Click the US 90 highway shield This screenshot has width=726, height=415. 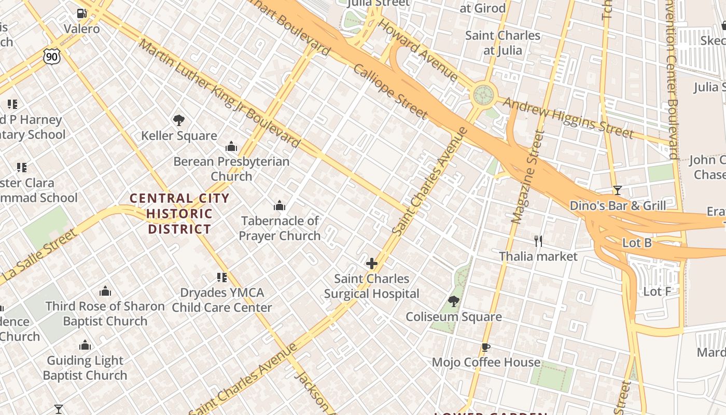[52, 56]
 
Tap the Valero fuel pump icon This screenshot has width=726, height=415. [81, 13]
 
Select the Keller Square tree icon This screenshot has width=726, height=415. [179, 120]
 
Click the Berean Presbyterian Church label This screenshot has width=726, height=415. [231, 169]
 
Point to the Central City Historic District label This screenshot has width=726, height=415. [179, 213]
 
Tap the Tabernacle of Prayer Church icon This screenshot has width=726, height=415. [280, 206]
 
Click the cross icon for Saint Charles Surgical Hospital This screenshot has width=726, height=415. [372, 264]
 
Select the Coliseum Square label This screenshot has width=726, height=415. [453, 316]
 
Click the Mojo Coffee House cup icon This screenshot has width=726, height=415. [485, 347]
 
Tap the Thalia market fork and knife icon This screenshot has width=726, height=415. [538, 241]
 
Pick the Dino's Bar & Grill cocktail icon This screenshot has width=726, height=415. [617, 190]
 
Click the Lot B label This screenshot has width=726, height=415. [637, 243]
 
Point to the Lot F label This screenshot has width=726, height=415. [657, 292]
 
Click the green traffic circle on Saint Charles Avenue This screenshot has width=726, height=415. [483, 95]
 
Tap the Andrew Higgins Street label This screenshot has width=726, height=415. [568, 118]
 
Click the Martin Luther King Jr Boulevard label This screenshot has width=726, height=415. [220, 93]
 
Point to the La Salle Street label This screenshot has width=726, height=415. [39, 257]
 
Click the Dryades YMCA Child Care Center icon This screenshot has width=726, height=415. [222, 278]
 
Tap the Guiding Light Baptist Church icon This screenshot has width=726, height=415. [85, 345]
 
